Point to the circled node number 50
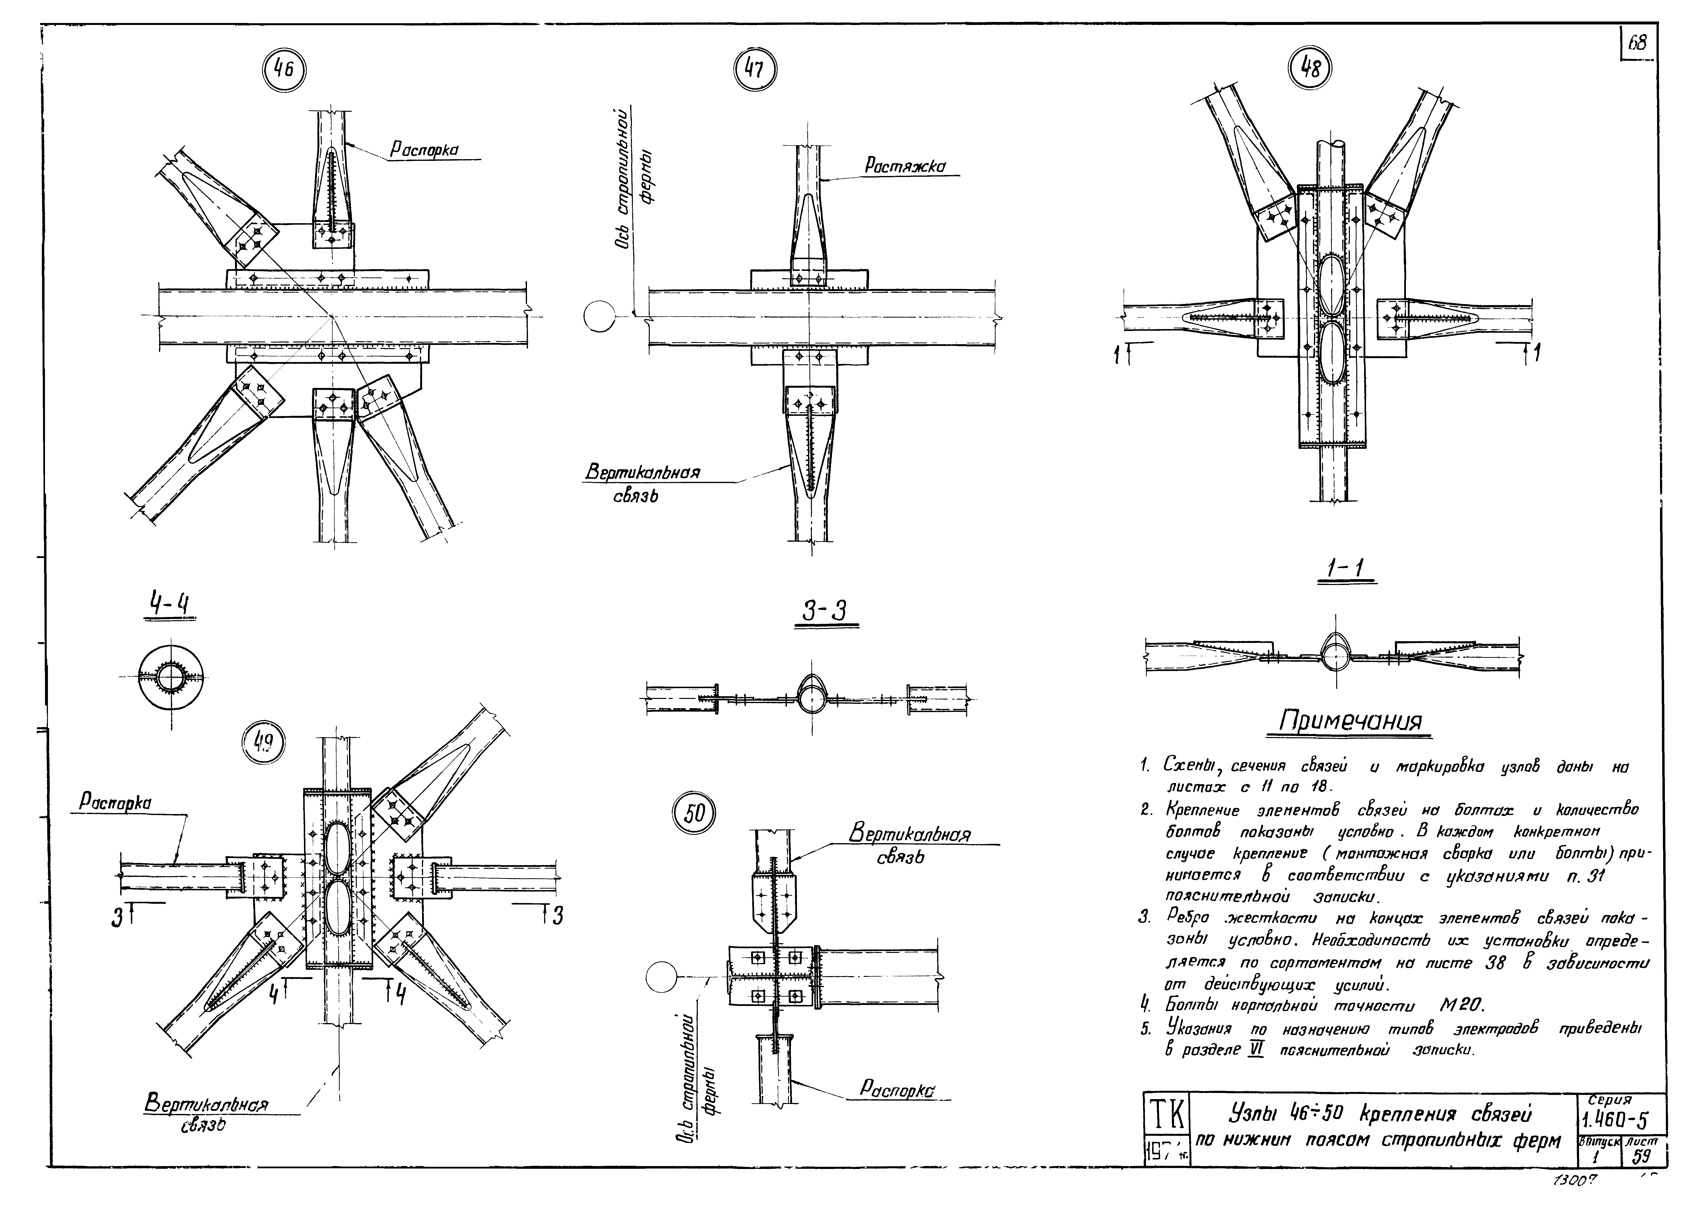694,813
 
